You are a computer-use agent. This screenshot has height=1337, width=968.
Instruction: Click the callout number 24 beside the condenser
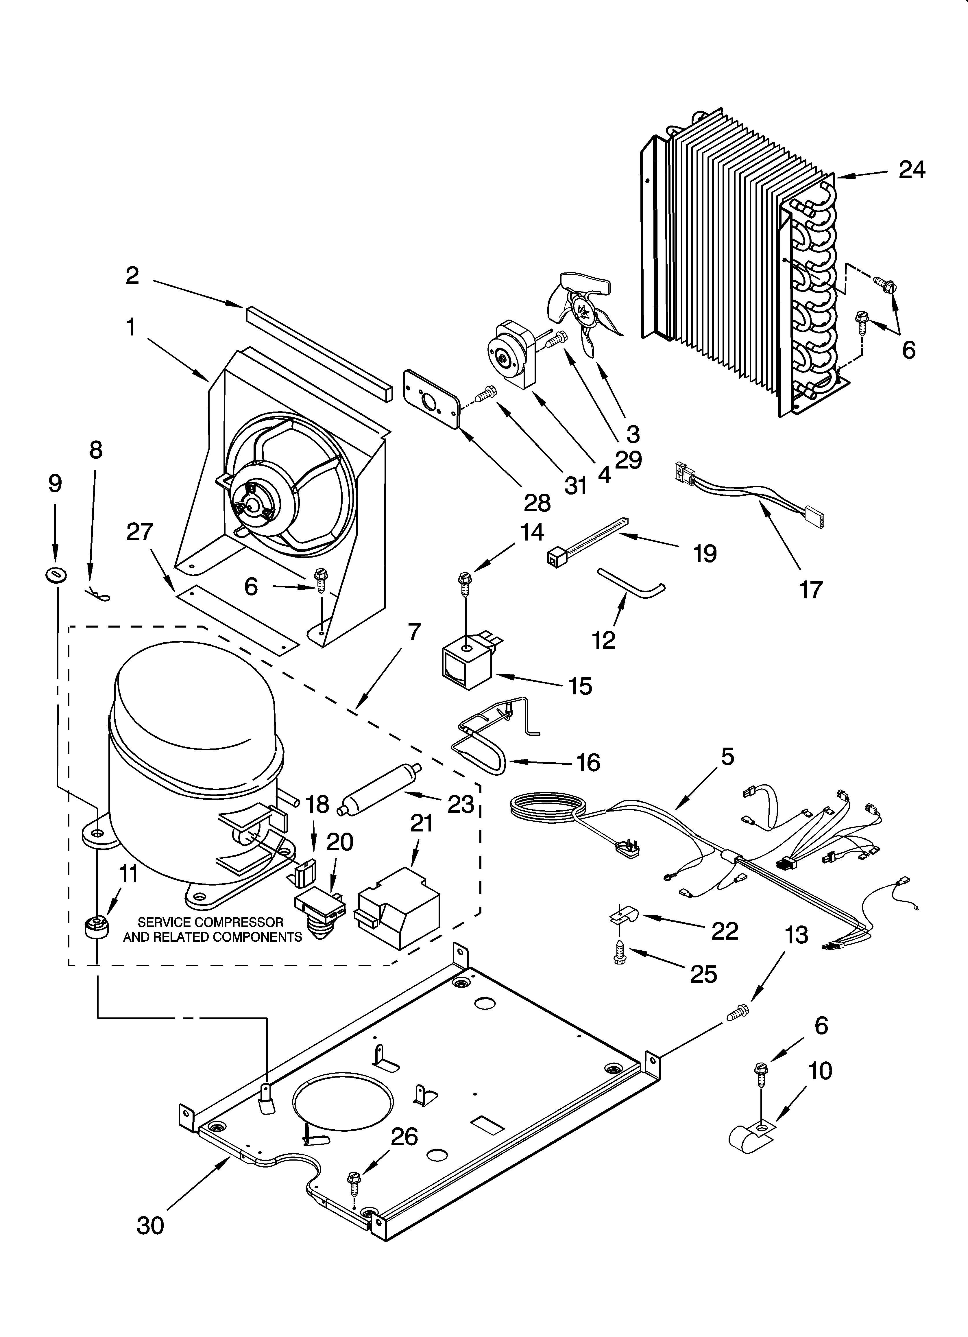coord(911,170)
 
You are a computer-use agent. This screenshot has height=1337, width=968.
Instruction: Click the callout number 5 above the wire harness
coord(727,756)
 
